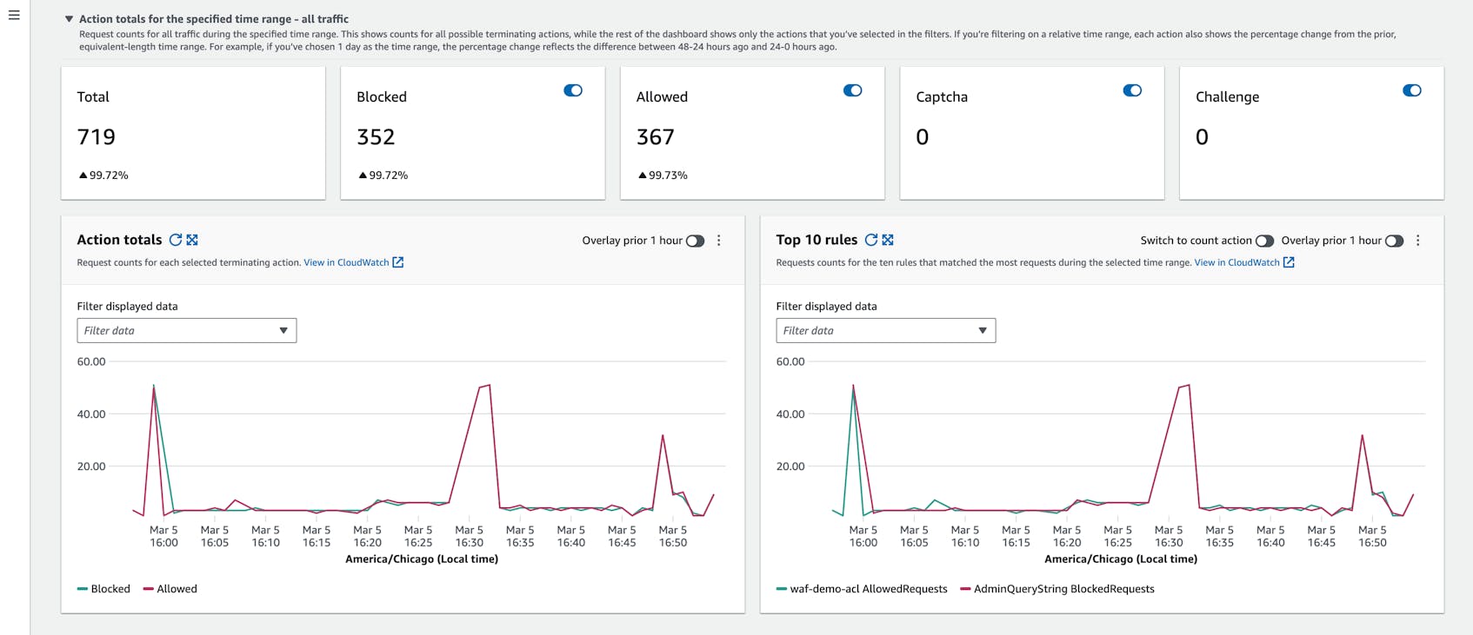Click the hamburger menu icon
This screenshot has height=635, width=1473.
tap(14, 15)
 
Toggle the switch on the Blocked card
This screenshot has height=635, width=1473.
tap(573, 90)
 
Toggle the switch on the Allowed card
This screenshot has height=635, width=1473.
tap(852, 90)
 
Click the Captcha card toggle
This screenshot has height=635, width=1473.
tap(1132, 90)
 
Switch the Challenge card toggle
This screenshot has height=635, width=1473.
tap(1411, 90)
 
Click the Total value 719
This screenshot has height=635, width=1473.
tap(97, 137)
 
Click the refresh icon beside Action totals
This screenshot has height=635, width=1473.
tap(176, 240)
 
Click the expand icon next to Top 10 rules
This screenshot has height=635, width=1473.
tap(888, 240)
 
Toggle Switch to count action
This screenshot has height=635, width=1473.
tap(1264, 241)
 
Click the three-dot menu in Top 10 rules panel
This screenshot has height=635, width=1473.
tap(1417, 241)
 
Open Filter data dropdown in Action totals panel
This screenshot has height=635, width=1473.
tap(187, 330)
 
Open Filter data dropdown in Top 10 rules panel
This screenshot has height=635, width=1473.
tap(885, 330)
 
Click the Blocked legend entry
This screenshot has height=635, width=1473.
tap(103, 589)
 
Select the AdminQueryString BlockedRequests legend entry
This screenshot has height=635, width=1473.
tap(1057, 589)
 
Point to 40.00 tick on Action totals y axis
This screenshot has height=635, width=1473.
tap(91, 414)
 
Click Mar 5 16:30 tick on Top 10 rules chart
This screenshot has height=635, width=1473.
tap(1169, 536)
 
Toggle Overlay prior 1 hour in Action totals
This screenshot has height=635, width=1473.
tap(695, 241)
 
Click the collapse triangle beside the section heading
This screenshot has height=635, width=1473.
tap(69, 19)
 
